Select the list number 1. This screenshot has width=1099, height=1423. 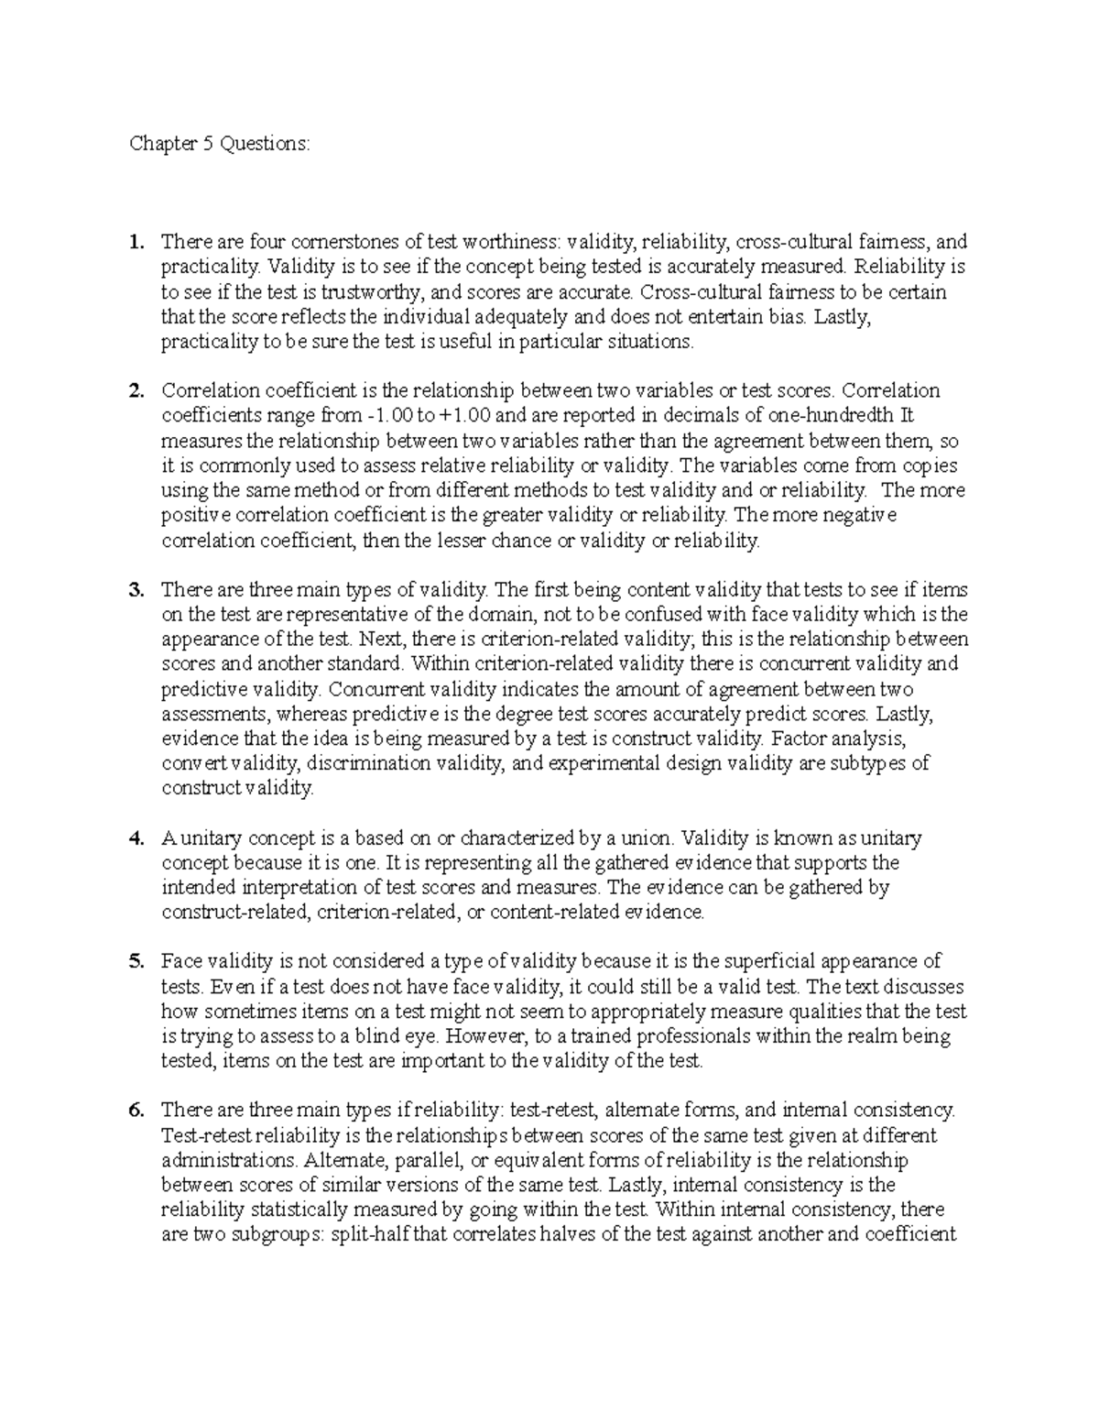[136, 243]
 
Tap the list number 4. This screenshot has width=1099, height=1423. [136, 838]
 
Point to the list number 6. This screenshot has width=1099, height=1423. [136, 1111]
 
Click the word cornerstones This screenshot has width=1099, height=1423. [345, 243]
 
